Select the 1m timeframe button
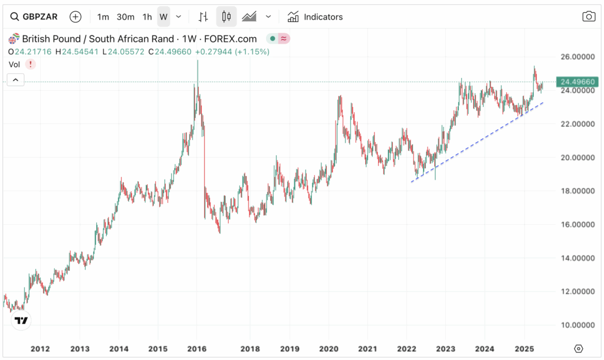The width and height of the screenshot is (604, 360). tap(103, 17)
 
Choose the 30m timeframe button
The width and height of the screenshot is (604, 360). tap(125, 17)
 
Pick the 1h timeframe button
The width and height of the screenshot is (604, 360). tap(147, 17)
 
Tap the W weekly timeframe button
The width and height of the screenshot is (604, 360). tap(163, 17)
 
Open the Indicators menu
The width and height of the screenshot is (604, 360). tap(315, 17)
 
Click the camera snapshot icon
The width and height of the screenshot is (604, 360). tap(589, 17)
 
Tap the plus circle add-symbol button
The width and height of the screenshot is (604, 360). tap(75, 17)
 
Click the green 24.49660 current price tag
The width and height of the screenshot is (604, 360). tap(577, 81)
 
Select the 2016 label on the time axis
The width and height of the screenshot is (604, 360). tap(197, 348)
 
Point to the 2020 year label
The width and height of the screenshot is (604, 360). tap(328, 348)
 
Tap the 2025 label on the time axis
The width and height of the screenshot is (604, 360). tap(525, 348)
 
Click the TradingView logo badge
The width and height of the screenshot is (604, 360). tap(21, 321)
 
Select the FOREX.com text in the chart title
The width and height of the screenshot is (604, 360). tap(234, 39)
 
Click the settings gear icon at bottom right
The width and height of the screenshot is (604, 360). tap(579, 348)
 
